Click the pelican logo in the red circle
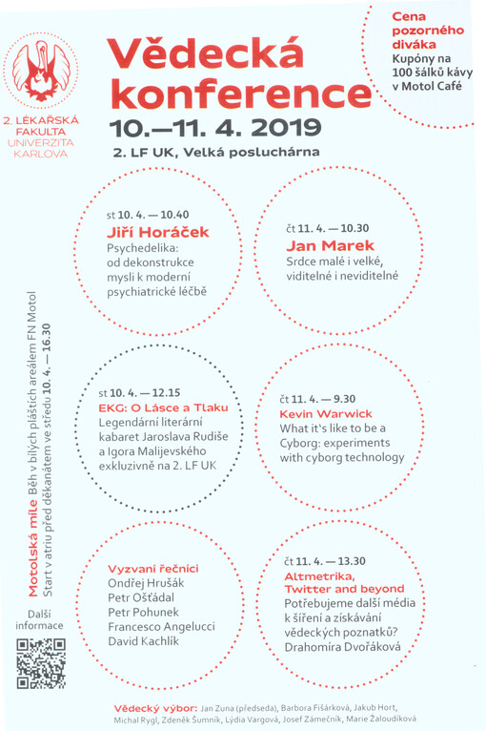tap(41, 73)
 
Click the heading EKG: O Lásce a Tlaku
tap(164, 407)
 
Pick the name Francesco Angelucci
tap(161, 626)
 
